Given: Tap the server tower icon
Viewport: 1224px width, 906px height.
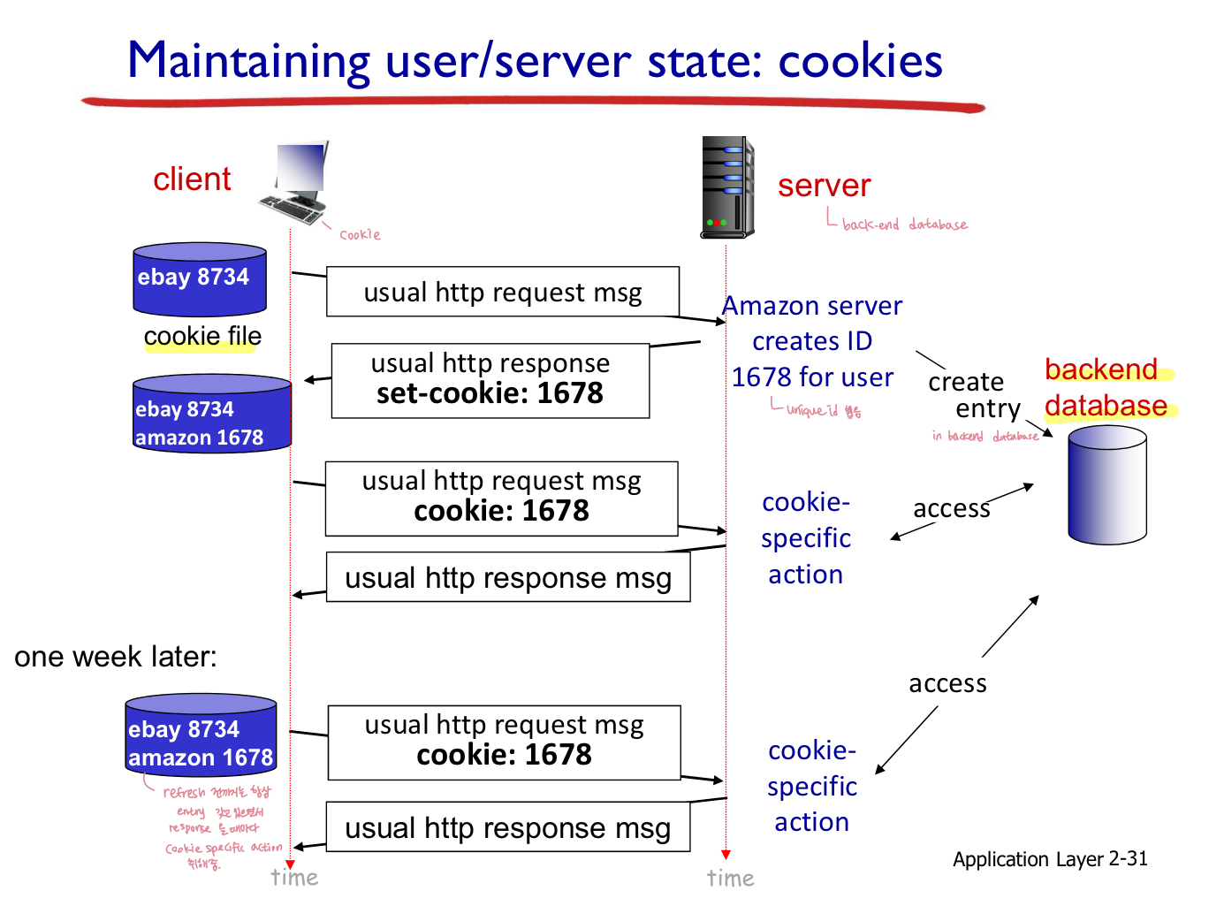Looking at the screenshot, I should [726, 187].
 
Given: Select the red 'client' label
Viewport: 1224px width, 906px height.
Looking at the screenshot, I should [192, 179].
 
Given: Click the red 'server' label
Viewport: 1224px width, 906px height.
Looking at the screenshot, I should [824, 186].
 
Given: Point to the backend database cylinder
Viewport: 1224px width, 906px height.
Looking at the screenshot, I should [1106, 484].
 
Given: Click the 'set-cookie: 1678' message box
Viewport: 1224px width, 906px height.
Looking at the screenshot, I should [490, 381].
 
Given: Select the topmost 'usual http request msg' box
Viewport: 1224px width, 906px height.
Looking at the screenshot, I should [502, 292].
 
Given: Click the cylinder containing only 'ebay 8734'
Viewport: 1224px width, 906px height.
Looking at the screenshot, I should [200, 279].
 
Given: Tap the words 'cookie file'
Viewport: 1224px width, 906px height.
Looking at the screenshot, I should [202, 336].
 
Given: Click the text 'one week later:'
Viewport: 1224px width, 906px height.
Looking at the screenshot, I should [116, 657].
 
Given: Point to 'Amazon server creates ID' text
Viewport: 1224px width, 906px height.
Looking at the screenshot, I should [812, 324].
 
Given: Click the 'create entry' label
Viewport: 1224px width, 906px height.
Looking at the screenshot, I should [972, 395].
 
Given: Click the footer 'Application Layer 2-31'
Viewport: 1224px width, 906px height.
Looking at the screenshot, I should [1050, 859].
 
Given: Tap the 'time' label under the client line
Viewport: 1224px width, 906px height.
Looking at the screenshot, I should [294, 878].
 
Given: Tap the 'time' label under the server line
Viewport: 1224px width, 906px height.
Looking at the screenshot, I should [730, 878].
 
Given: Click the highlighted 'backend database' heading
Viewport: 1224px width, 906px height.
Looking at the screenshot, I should [1106, 387].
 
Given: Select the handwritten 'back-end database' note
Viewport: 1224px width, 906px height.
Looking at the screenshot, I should [904, 225].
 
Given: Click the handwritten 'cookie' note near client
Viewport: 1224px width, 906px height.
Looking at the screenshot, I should [360, 235].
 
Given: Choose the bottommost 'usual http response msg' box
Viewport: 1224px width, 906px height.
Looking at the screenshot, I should [507, 827].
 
